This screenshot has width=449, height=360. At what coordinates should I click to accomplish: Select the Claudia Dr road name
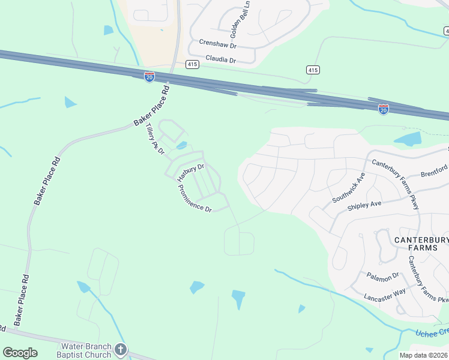pos(221,59)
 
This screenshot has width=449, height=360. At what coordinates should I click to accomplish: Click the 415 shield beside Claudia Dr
pos(192,64)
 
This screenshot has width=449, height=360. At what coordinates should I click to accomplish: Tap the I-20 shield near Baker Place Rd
pos(149,77)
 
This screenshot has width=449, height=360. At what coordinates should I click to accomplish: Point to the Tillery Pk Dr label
pos(155,139)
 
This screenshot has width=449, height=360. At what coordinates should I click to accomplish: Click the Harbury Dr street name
pos(191,172)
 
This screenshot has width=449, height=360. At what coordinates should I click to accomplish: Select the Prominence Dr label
pos(195,198)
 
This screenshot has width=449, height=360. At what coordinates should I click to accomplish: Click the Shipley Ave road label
pos(364,205)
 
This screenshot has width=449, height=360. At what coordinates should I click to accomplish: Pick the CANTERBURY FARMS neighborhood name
pos(421,244)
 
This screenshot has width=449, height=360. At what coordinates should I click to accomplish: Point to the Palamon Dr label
pos(382,275)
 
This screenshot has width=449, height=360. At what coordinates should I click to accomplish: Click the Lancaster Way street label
pos(385,295)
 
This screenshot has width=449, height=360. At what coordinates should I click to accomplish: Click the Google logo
pos(20,353)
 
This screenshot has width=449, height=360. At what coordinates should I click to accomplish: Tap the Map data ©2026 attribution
pos(423,355)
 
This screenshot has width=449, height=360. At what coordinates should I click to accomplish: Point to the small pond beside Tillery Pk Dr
pos(182,145)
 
